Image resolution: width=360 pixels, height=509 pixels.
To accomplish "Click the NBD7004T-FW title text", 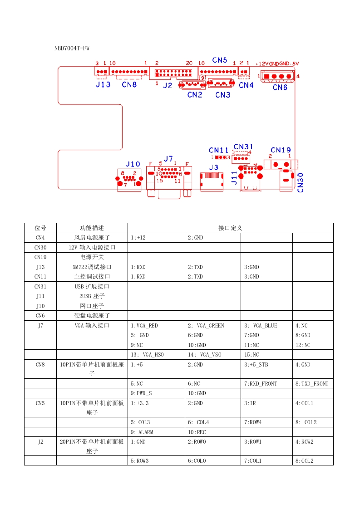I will click(72, 48).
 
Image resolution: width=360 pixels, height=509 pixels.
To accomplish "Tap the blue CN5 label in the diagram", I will click(220, 60).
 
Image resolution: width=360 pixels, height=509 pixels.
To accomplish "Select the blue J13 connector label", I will click(103, 85).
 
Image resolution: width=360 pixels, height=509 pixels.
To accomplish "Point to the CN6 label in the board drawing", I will click(280, 87).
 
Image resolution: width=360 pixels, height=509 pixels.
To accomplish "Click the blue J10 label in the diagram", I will click(133, 164).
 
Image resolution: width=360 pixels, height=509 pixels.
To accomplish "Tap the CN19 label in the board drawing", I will click(281, 150).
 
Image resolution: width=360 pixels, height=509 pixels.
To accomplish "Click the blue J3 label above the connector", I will click(213, 167).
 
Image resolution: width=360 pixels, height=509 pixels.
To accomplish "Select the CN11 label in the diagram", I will click(219, 150).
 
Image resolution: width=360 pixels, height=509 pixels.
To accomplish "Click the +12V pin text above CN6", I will click(262, 64).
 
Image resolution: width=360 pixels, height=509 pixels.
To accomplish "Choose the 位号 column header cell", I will click(40, 228).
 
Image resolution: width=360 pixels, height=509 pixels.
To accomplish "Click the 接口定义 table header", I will click(230, 228).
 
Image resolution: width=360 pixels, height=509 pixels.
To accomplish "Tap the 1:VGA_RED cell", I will click(144, 326).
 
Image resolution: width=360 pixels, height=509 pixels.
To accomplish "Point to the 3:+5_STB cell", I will click(256, 364).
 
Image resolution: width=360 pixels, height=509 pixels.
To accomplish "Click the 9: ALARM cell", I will click(142, 432).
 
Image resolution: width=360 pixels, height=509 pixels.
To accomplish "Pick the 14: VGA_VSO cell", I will click(205, 355).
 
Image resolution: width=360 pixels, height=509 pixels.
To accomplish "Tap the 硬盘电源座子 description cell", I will click(92, 316).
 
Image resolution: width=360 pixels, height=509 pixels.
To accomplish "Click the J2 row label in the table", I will click(40, 441).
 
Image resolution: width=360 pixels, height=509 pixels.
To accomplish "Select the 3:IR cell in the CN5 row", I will click(250, 403).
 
